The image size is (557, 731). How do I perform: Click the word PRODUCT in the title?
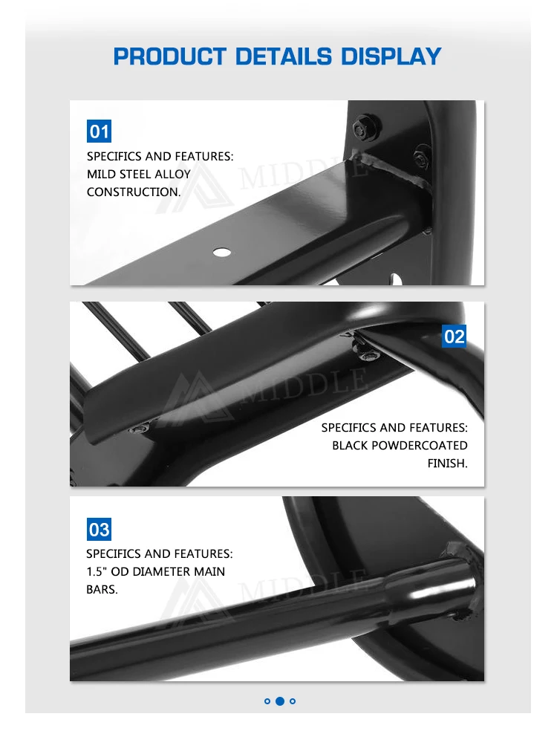170,56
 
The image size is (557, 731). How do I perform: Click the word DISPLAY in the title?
391,56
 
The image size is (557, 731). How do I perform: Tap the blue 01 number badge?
99,131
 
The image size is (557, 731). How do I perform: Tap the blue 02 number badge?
454,336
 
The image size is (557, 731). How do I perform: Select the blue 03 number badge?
99,529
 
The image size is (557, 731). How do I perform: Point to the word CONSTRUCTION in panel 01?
133,192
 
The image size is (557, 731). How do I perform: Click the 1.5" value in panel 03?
97,571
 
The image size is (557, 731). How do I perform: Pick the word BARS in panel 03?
102,590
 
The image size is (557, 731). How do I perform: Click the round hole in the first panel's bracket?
222,253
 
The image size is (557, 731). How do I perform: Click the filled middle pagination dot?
280,701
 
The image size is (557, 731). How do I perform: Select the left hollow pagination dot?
267,701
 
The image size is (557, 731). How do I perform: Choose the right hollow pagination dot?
293,701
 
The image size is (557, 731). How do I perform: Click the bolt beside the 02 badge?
368,356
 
